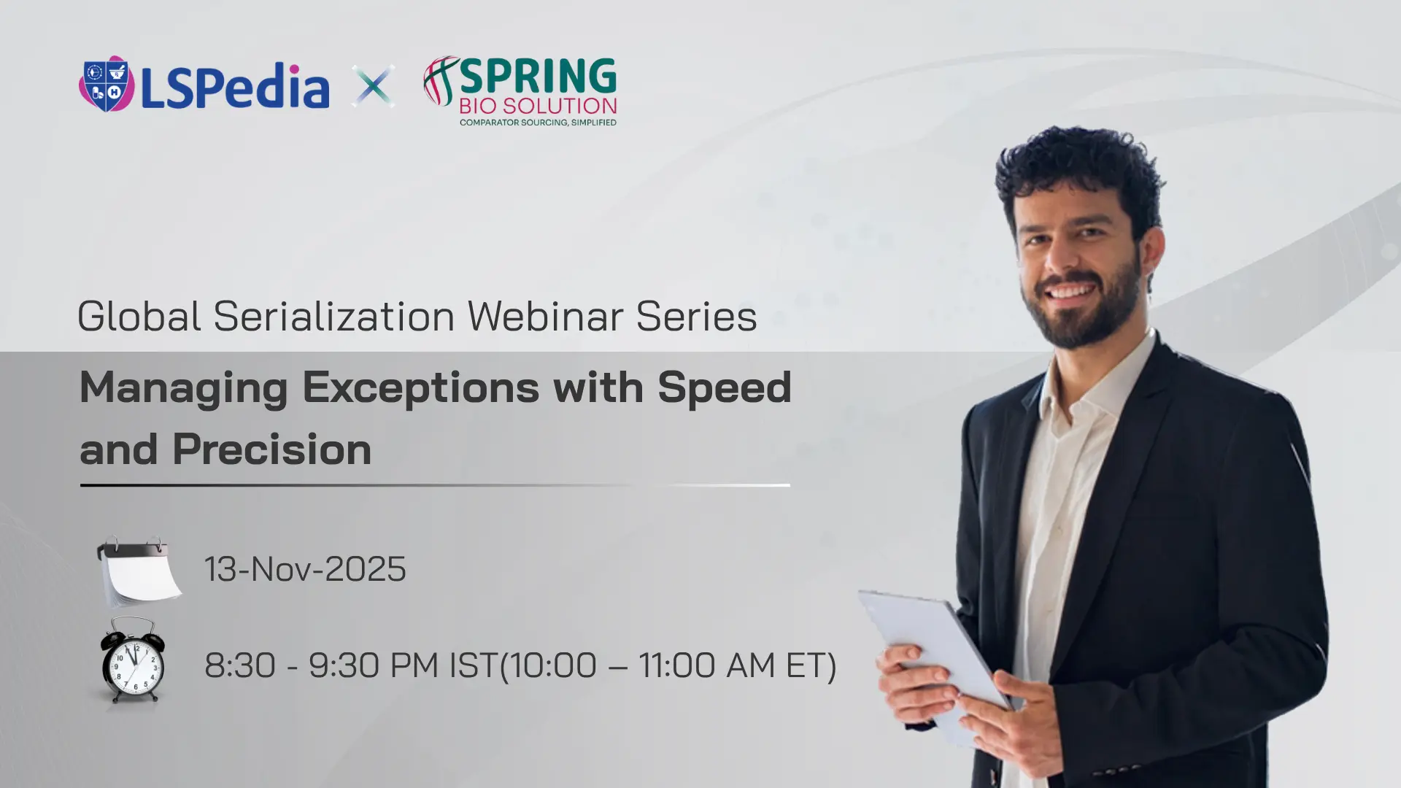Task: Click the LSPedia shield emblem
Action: pyautogui.click(x=107, y=84)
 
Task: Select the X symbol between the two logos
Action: pyautogui.click(x=373, y=86)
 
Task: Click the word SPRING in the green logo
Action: pyautogui.click(x=538, y=76)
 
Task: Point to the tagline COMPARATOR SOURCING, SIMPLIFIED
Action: pyautogui.click(x=538, y=123)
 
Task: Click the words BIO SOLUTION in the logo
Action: pyautogui.click(x=538, y=106)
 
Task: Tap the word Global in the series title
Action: pyautogui.click(x=139, y=316)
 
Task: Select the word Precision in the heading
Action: pyautogui.click(x=272, y=449)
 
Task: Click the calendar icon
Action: pyautogui.click(x=139, y=571)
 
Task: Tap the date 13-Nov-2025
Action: pyautogui.click(x=305, y=569)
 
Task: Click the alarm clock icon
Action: pyautogui.click(x=132, y=660)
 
